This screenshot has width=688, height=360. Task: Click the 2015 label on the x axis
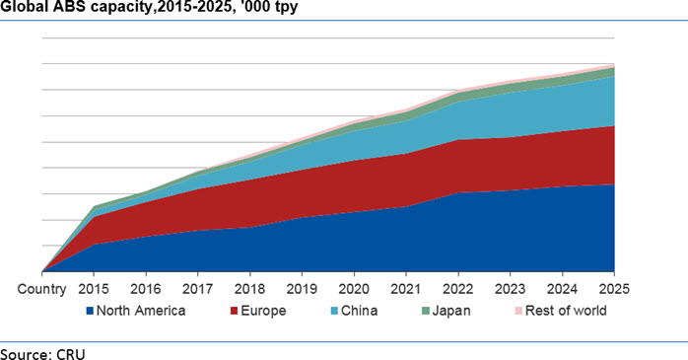94,289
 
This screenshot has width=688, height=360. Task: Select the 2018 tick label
249,289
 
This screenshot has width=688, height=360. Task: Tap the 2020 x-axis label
354,289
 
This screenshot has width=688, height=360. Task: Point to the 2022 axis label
458,289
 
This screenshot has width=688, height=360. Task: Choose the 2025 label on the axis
614,289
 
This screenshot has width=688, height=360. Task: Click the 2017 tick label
197,289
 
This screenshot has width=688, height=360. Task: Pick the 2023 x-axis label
510,289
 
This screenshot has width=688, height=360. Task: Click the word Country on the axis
41,289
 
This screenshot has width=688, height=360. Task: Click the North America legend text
141,311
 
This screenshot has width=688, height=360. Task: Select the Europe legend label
263,311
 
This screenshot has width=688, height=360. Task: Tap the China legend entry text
360,311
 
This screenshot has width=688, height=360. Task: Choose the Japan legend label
451,312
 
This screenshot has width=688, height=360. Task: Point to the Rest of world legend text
566,311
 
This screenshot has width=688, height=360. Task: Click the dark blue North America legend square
90,312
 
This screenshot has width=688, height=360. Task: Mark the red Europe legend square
235,312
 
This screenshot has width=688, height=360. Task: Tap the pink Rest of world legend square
518,312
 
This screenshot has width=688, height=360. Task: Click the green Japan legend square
426,312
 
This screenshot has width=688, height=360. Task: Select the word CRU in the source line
71,354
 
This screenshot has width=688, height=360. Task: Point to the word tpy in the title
287,8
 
